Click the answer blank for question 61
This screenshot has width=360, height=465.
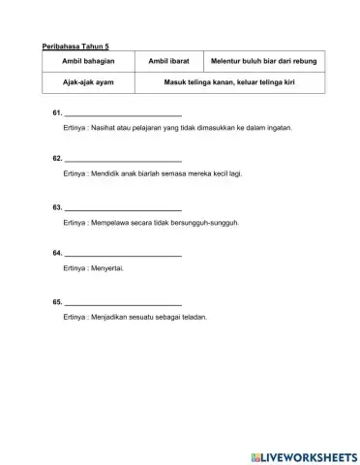pos(123,113)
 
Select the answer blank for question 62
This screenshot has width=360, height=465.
pos(123,158)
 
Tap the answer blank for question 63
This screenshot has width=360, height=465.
pos(123,207)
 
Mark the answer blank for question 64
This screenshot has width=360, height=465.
pos(123,253)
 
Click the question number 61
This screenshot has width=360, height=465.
pos(57,113)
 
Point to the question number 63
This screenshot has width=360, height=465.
pos(57,207)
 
